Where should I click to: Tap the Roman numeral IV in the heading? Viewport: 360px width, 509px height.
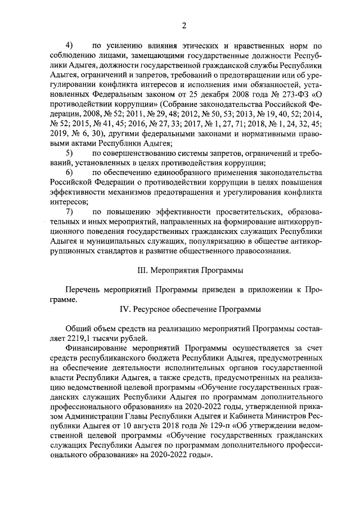click(x=127, y=309)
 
